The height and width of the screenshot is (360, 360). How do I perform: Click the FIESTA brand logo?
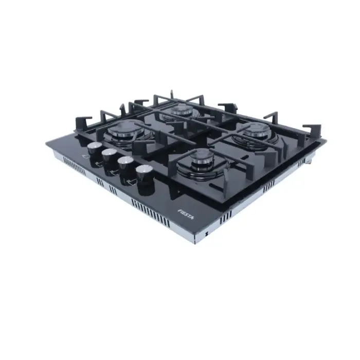tap(186, 213)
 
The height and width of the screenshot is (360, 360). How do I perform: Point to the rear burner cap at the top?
tap(183, 110)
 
